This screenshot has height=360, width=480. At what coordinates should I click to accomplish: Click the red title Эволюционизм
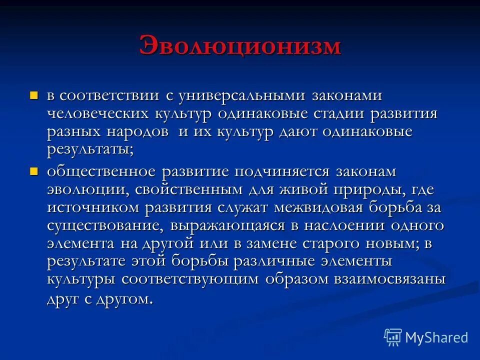(240, 46)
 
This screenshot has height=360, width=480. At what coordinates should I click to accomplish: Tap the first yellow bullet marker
(34, 94)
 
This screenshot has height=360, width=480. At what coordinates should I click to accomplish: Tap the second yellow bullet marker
(34, 171)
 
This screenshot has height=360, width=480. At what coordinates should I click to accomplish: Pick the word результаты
(90, 150)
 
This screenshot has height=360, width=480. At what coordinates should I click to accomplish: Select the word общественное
(101, 172)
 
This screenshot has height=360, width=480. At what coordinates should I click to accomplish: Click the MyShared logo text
(436, 337)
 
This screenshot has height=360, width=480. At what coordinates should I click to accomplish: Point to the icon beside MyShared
(393, 337)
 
